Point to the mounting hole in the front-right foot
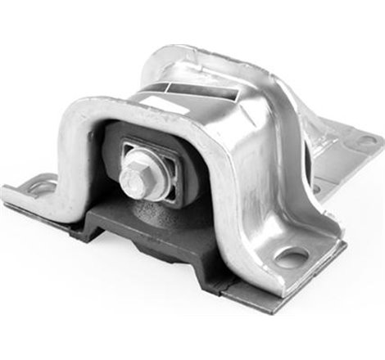click(x=292, y=258)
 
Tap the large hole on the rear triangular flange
click(x=365, y=140)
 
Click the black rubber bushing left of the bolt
click(x=113, y=155)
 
